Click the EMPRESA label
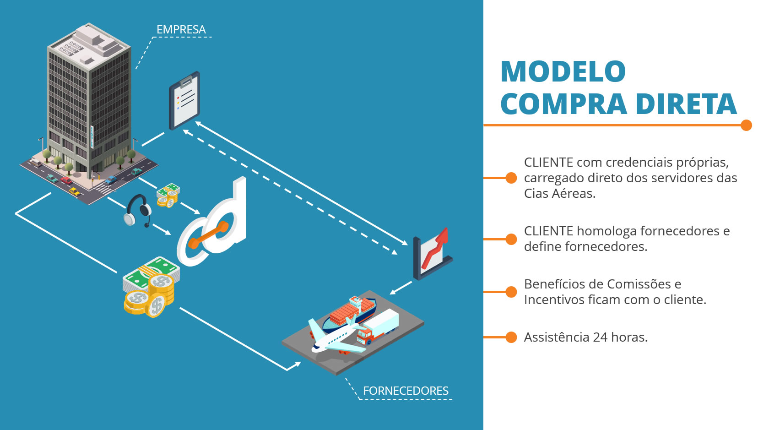(x=181, y=29)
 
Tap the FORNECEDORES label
(x=406, y=391)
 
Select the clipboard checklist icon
(x=184, y=100)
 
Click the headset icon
(x=138, y=211)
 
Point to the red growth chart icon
(x=432, y=254)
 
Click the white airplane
(x=336, y=336)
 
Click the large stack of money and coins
(x=151, y=287)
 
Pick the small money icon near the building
(x=168, y=196)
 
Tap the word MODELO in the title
(x=563, y=71)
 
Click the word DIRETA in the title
(x=686, y=103)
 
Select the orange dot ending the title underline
(x=746, y=125)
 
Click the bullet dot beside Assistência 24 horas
(x=511, y=337)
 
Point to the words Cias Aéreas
(x=559, y=194)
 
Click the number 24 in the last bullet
(x=600, y=337)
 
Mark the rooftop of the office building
(x=89, y=45)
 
